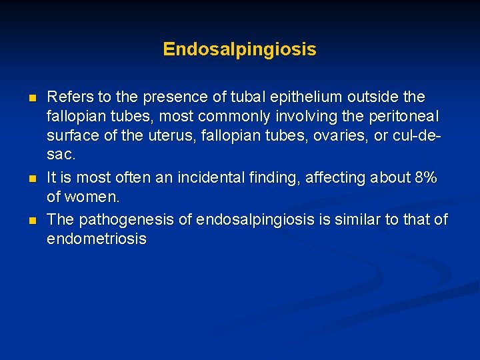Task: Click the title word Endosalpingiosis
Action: coord(239,49)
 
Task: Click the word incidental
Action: coord(226,178)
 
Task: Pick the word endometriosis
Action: coord(96,239)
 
